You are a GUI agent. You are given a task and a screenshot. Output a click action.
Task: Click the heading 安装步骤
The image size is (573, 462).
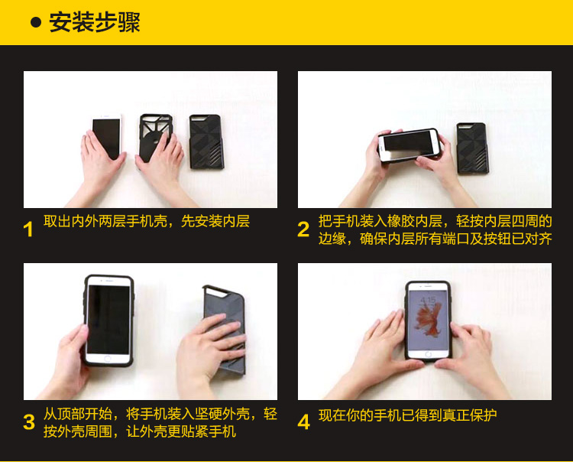tap(94, 23)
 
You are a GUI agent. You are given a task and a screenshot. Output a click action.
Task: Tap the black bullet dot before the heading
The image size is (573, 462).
tap(36, 23)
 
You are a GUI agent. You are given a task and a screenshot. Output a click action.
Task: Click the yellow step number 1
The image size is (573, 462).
tap(28, 229)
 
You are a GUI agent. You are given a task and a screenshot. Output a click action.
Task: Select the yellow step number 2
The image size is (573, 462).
tap(303, 229)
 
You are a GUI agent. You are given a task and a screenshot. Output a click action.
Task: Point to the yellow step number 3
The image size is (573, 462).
tap(29, 421)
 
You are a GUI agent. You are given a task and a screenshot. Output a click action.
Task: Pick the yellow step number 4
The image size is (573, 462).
tap(303, 421)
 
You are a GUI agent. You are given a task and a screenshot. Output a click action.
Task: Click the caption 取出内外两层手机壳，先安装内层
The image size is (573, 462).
tap(147, 221)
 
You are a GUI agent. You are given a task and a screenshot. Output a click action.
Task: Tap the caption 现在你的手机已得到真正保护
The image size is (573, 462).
tap(407, 415)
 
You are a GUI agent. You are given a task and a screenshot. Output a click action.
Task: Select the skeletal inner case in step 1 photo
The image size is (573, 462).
tap(155, 138)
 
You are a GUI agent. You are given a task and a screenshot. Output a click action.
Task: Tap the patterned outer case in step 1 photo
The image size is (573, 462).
tap(206, 142)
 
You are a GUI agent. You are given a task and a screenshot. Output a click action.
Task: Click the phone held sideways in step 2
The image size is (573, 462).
tap(409, 145)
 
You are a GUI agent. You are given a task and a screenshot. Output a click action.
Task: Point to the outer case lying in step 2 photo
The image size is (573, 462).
tap(472, 148)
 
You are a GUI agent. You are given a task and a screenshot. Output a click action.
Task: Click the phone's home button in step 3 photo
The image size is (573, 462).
tap(108, 359)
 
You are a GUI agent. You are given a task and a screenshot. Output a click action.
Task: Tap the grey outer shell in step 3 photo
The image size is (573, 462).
tap(224, 329)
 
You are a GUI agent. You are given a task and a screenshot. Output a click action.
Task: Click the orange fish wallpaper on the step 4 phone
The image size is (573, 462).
tap(428, 319)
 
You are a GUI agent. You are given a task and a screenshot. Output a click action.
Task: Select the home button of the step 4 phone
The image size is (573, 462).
tap(428, 354)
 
